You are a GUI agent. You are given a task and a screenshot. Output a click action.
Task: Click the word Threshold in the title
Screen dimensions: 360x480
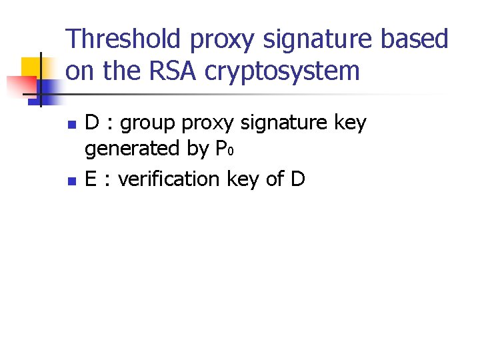[x=125, y=39]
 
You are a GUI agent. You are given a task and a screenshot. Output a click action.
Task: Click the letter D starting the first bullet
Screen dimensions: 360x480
[x=93, y=123]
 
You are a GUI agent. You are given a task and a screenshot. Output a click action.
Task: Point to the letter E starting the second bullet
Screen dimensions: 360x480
[x=91, y=179]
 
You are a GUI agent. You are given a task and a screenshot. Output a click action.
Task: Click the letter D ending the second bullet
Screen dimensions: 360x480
[x=297, y=179]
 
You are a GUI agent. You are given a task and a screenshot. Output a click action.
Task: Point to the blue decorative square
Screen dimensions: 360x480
[x=51, y=88]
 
